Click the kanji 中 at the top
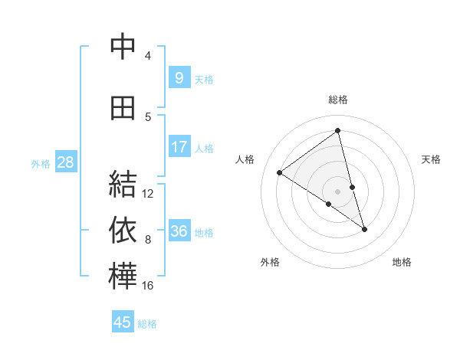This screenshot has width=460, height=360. [x=123, y=47]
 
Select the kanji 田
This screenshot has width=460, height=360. [x=123, y=108]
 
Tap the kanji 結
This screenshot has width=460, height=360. [x=123, y=185]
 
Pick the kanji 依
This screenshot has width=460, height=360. [x=123, y=231]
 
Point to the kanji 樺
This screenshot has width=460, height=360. [x=123, y=277]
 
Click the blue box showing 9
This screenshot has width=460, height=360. [x=179, y=77]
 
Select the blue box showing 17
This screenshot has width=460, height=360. [x=179, y=147]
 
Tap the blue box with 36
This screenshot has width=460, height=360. [x=179, y=231]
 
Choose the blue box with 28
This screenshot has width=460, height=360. [x=65, y=162]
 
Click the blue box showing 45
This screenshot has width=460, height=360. [x=123, y=322]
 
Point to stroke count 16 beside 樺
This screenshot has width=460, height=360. [x=148, y=286]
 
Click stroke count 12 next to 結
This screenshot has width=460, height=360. [x=148, y=194]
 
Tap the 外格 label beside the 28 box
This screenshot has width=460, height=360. [x=41, y=163]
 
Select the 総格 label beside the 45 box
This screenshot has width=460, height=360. [x=147, y=324]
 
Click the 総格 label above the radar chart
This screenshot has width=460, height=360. [x=337, y=100]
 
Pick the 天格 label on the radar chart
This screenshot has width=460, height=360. [x=431, y=159]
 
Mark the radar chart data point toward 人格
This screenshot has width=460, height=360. [x=279, y=172]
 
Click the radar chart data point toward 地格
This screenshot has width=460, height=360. [x=365, y=229]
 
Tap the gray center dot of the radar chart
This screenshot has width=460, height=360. [x=337, y=191]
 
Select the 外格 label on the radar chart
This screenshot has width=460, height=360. [x=270, y=262]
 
